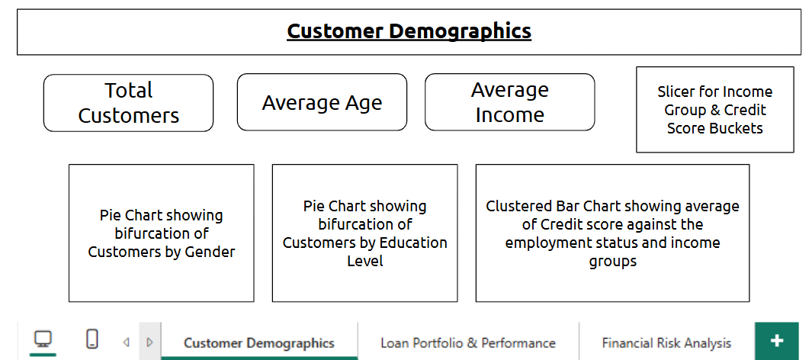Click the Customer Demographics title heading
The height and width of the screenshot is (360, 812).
point(409,31)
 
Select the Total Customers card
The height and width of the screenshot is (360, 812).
point(128,102)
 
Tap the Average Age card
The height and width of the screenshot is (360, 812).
point(322,102)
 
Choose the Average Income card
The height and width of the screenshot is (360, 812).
point(509,102)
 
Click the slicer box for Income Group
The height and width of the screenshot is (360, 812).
point(714,109)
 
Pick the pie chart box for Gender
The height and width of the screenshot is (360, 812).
point(162,233)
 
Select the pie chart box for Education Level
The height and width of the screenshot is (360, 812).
point(364,233)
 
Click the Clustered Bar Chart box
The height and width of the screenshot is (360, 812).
point(612,233)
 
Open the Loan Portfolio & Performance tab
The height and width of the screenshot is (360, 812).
point(468,342)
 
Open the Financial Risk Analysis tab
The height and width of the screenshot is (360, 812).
point(666,342)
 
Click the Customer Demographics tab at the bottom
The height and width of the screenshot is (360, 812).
point(259,342)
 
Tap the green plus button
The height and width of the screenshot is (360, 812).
point(777,341)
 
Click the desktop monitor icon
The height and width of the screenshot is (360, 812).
point(43,339)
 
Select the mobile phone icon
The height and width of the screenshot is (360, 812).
point(92,339)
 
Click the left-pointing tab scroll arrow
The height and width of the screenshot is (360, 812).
point(126,342)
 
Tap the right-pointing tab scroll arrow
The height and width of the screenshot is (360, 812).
point(149,342)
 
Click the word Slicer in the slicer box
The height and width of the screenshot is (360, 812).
point(675,92)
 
